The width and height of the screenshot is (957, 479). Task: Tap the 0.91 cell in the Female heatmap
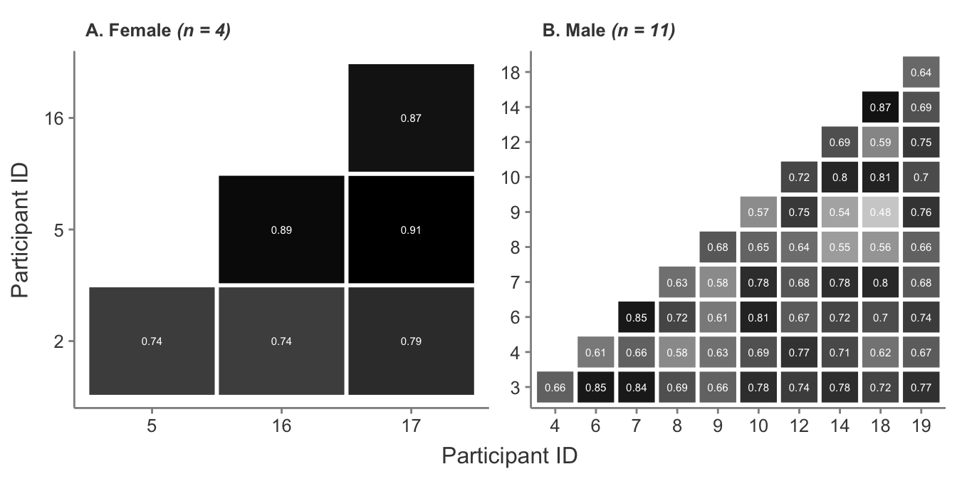click(411, 230)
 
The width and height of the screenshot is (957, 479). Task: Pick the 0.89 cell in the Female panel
click(281, 230)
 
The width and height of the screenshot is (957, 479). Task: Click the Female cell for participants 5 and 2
click(152, 341)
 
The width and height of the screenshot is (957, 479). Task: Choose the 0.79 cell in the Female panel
click(411, 341)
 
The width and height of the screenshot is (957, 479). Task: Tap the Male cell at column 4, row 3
click(555, 388)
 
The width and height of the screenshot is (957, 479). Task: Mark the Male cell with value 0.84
click(637, 388)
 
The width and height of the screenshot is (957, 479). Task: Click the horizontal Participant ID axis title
click(509, 455)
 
